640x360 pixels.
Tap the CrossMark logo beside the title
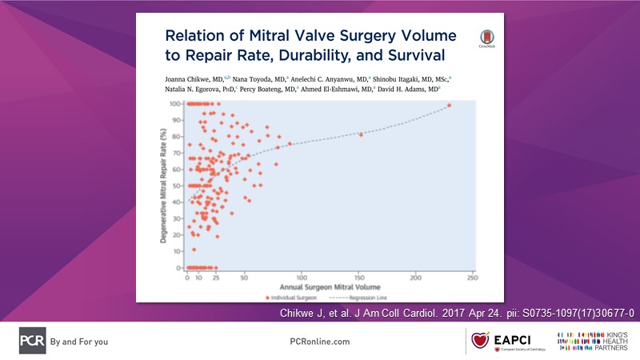[486, 39]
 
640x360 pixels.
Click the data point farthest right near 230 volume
[449, 106]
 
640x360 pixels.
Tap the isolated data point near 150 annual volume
[362, 134]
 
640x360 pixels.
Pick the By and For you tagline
[78, 341]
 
